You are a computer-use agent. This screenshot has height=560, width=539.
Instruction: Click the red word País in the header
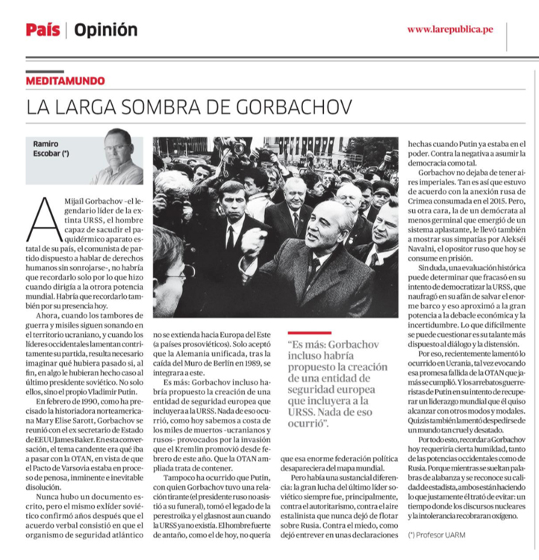(43, 30)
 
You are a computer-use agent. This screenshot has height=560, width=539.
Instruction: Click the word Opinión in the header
(105, 30)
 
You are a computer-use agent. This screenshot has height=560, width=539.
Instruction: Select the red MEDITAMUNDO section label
(65, 81)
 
